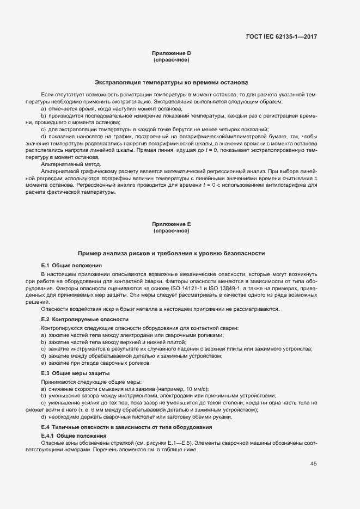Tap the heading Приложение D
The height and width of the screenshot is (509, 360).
point(171,53)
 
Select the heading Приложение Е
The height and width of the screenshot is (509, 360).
point(171,224)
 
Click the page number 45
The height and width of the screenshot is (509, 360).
point(313,464)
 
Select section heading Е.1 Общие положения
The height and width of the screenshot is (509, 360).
point(64,265)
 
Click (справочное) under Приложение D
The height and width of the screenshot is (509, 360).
point(171,59)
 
